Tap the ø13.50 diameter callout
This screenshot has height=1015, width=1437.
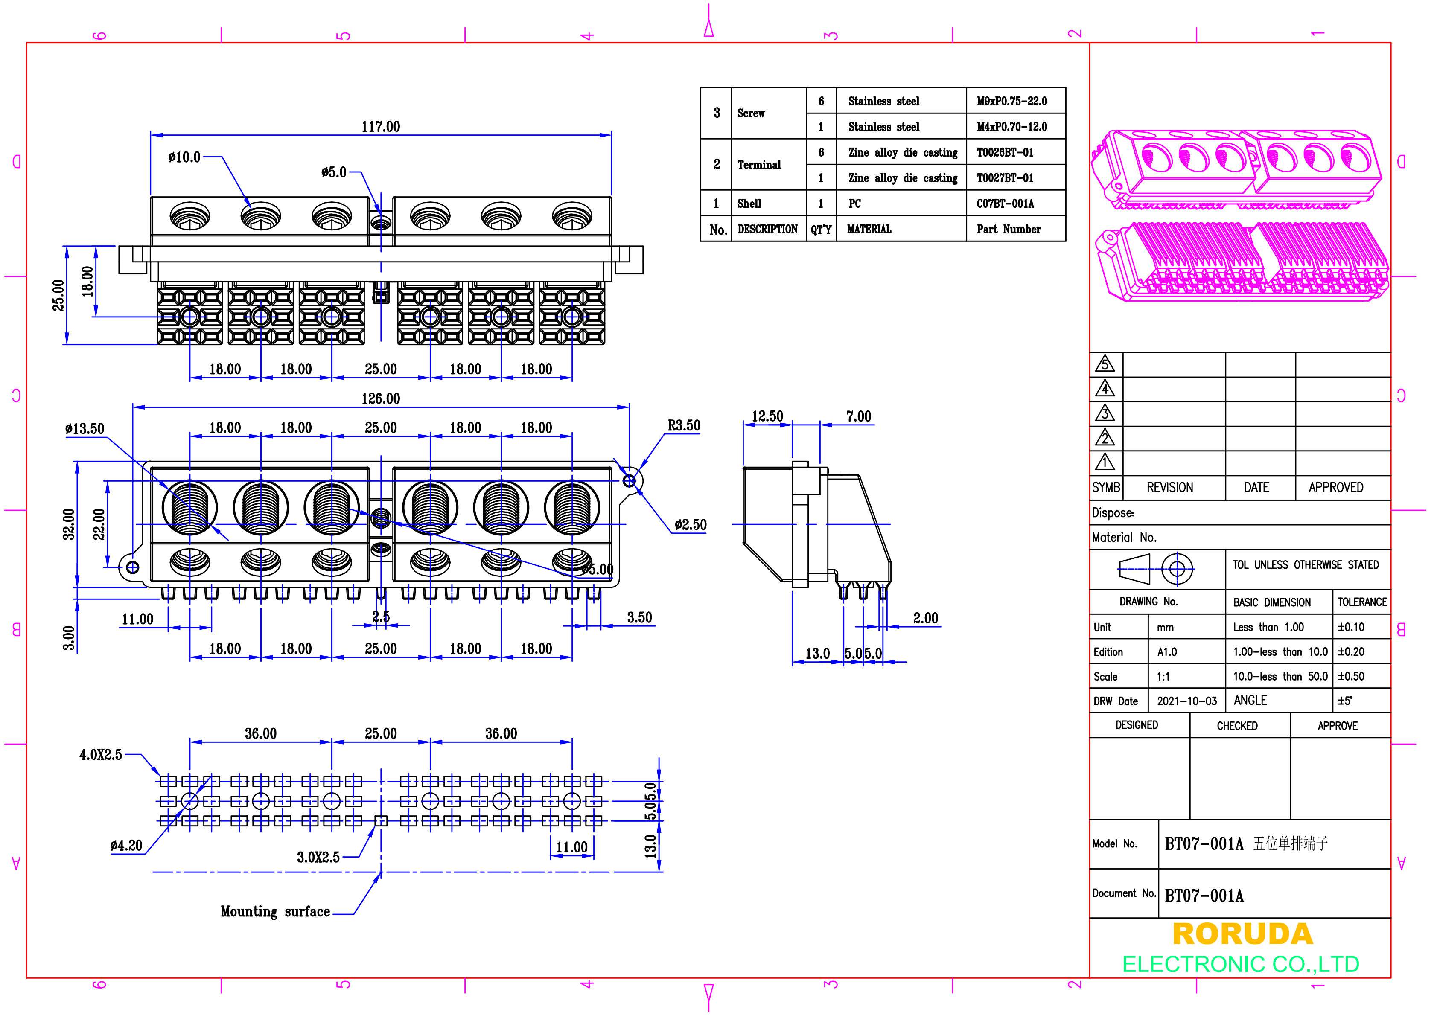click(x=85, y=429)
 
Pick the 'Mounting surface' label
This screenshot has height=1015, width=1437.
click(x=275, y=912)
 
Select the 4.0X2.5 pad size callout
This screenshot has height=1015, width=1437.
click(x=100, y=755)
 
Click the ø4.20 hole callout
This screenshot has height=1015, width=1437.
click(x=126, y=846)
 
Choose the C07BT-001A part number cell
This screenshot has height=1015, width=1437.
click(x=1005, y=204)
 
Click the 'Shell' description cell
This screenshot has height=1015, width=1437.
click(x=749, y=204)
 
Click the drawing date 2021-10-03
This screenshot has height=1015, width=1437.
click(x=1186, y=701)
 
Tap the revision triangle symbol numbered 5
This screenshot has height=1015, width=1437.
click(x=1105, y=365)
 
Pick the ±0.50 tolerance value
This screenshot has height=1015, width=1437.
click(x=1351, y=677)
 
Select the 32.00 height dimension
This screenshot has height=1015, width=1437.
click(x=68, y=524)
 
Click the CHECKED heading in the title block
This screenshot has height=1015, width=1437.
click(x=1237, y=726)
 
